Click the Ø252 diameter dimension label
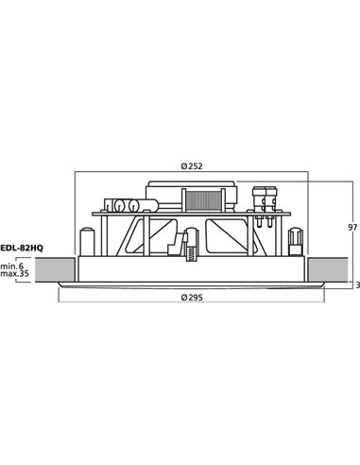pyautogui.click(x=192, y=166)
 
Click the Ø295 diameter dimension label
pyautogui.click(x=193, y=298)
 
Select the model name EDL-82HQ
pyautogui.click(x=21, y=248)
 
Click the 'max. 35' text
pyautogui.click(x=14, y=275)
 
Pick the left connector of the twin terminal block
pyautogui.click(x=259, y=198)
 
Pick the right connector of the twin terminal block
pyautogui.click(x=272, y=198)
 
